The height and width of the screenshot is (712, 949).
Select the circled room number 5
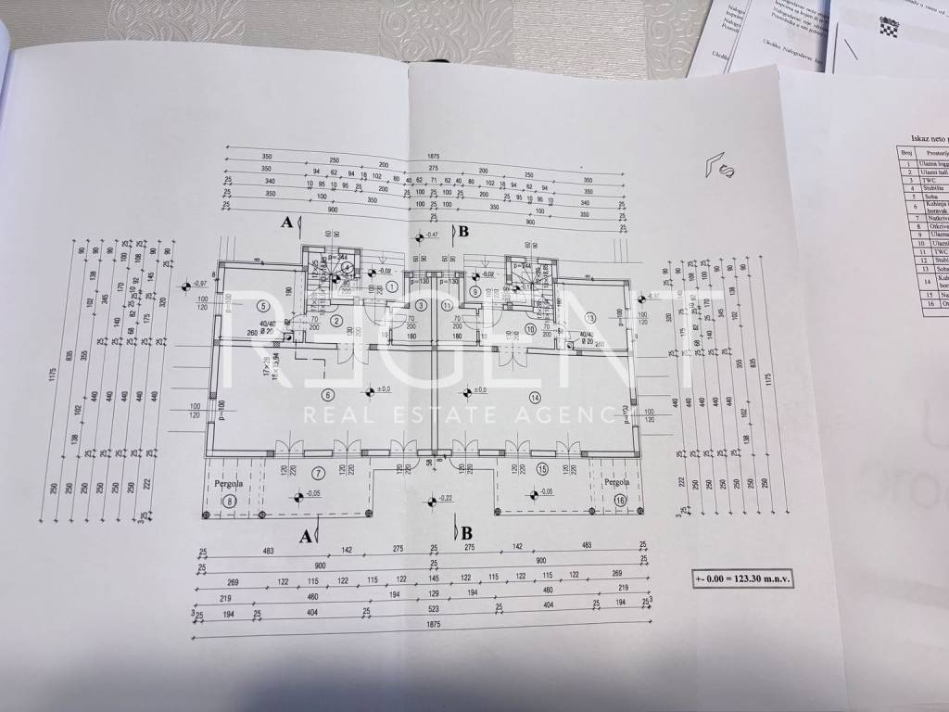tap(264, 306)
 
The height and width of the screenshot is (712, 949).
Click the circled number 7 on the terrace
tap(318, 474)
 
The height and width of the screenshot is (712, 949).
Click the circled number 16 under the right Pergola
tap(620, 501)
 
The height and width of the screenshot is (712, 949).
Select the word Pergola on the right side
tap(616, 483)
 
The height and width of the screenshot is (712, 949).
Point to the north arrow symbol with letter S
tap(721, 166)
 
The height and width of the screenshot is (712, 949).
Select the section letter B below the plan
tap(466, 533)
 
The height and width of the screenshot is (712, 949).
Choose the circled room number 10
tap(530, 329)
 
